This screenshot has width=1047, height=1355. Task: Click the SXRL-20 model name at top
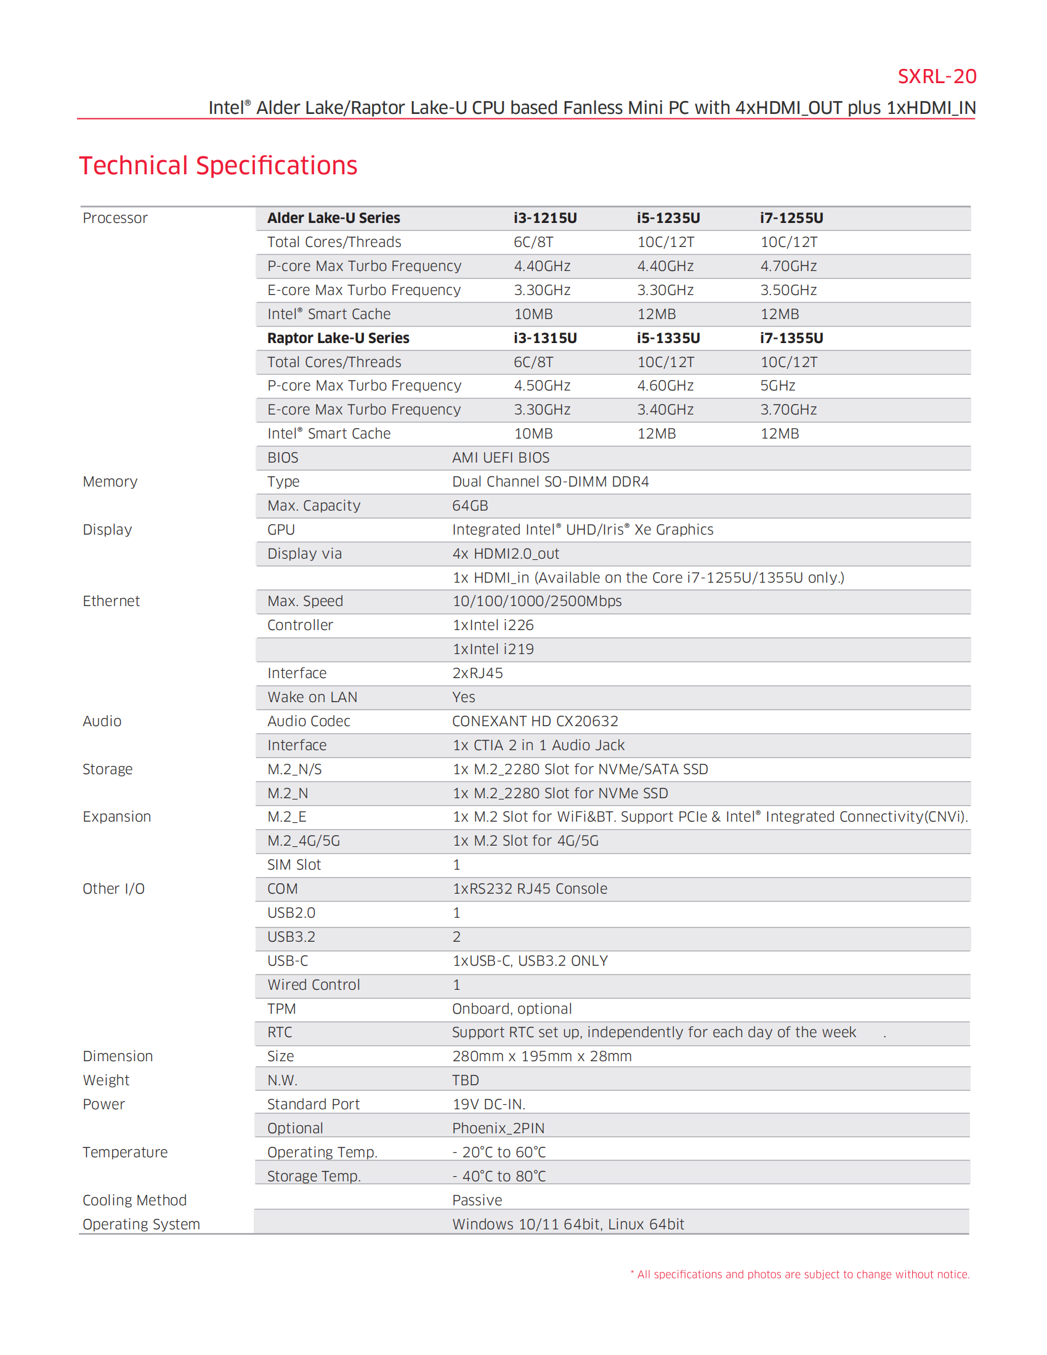936,76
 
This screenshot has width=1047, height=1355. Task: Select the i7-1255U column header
791,218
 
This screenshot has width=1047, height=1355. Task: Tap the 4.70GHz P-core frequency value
788,266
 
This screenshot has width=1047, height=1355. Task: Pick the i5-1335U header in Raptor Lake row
668,338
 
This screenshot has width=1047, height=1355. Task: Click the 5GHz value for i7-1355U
777,386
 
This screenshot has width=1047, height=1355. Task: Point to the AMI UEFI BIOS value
501,458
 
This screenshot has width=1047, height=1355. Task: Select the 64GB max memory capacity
469,506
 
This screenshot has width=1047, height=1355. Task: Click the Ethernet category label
111,601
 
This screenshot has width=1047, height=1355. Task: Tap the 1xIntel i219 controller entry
493,650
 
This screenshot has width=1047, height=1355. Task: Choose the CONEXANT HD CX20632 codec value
535,722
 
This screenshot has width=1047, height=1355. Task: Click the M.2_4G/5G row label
303,841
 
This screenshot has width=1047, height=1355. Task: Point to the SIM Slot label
294,865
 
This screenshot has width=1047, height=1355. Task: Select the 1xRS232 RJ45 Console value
530,889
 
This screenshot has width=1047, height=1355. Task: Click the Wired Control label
313,985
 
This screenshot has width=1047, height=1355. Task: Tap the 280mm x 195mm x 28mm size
541,1056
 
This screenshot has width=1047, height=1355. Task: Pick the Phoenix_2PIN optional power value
498,1128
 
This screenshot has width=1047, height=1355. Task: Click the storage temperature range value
499,1176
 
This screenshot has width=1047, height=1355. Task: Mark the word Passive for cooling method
476,1200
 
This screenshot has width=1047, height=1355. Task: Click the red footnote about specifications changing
799,1274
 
